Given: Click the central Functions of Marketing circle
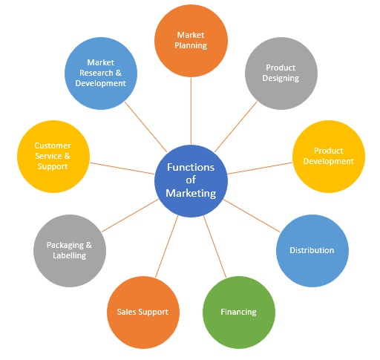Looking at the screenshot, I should click(191, 180).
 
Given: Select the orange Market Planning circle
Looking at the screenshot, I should click(191, 40).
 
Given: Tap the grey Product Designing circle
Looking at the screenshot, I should click(281, 73).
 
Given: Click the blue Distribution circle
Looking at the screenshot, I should click(311, 250).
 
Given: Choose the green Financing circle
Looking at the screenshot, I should click(238, 312).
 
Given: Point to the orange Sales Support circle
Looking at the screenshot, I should click(142, 312).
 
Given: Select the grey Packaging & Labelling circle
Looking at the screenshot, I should click(70, 250).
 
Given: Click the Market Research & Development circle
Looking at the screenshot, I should click(101, 73).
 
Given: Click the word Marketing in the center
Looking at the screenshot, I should click(191, 193).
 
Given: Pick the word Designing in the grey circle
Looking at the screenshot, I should click(281, 78).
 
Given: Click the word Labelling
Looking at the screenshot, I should click(70, 255).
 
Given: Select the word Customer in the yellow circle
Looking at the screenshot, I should click(53, 145).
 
